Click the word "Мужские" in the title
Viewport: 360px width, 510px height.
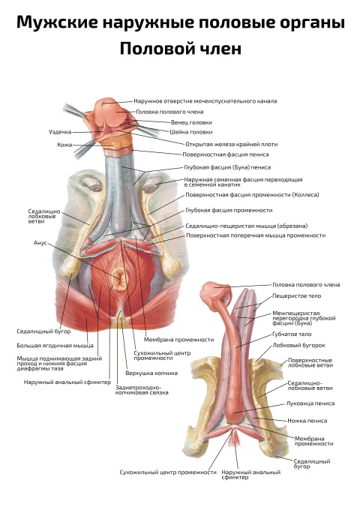tap(57, 22)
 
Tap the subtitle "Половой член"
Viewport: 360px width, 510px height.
tap(181, 49)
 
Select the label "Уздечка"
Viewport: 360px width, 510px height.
tap(60, 132)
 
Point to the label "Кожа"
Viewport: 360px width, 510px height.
tap(64, 145)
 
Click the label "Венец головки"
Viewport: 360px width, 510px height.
tap(191, 122)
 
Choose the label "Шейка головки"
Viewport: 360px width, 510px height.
tap(191, 132)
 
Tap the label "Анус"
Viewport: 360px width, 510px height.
tap(40, 243)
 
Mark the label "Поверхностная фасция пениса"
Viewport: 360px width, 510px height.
tap(225, 154)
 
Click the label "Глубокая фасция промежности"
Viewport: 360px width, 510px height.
tap(229, 210)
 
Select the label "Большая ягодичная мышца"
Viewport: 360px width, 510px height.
tap(55, 346)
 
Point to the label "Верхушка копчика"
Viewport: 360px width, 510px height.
tap(151, 373)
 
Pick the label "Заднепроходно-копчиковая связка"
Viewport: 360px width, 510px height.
tap(142, 390)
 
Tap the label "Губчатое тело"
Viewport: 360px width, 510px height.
tap(292, 334)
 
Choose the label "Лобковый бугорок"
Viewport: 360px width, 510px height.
tap(298, 345)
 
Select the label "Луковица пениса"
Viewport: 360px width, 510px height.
tap(310, 403)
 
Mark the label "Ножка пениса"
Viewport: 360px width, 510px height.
tap(307, 421)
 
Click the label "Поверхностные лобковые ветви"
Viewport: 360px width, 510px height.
tap(310, 363)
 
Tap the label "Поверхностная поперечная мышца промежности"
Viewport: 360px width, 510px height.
tap(256, 235)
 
